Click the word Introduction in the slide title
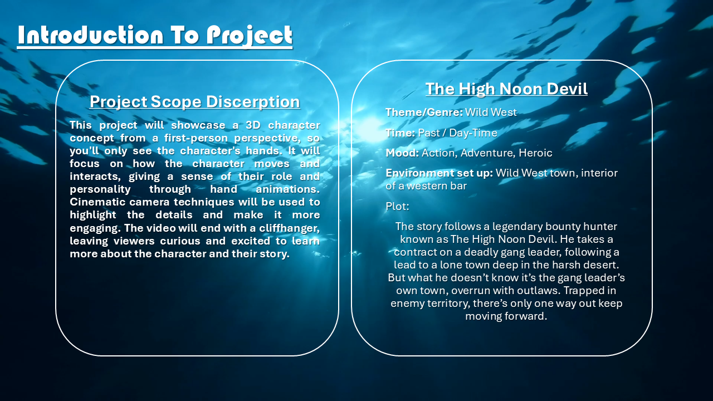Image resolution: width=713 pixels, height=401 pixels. (x=91, y=35)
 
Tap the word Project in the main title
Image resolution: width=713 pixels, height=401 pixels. (x=249, y=36)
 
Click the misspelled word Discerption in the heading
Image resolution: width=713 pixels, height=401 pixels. (x=253, y=102)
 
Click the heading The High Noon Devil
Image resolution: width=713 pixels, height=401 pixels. (x=506, y=89)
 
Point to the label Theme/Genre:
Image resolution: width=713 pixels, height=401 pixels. (x=424, y=113)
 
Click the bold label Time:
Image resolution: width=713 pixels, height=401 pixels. (x=401, y=133)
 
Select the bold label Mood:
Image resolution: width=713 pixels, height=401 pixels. (x=402, y=153)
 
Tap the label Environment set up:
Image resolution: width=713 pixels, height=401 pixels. (x=439, y=173)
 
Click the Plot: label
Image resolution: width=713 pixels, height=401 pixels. (x=398, y=206)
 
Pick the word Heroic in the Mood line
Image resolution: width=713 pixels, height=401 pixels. (x=535, y=153)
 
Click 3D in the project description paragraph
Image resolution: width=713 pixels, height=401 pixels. (x=253, y=125)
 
